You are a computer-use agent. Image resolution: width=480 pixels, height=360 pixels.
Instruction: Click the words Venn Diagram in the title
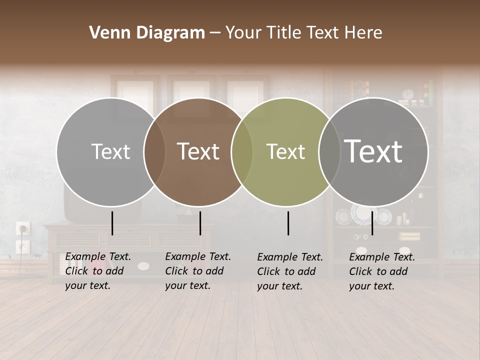(146, 33)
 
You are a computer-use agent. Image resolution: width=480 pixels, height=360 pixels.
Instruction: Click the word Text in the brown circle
(198, 151)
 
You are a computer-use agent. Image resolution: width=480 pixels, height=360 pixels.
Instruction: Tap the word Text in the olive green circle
(285, 151)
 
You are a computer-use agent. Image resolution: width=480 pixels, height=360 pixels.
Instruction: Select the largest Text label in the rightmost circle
(373, 151)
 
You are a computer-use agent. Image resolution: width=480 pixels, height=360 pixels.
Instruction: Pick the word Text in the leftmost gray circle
(110, 151)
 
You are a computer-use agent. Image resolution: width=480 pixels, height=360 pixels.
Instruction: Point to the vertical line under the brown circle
(200, 223)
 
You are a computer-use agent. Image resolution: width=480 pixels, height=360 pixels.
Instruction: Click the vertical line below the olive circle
(288, 223)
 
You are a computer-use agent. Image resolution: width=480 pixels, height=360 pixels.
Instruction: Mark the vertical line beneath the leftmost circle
(112, 223)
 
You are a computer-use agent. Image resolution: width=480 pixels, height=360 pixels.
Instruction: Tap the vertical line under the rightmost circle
(372, 223)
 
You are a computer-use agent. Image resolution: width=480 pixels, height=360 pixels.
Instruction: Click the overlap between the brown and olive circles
(241, 152)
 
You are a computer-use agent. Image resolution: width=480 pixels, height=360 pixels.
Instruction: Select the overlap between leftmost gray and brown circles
(154, 152)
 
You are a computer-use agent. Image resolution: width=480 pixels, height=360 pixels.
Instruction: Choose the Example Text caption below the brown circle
(198, 271)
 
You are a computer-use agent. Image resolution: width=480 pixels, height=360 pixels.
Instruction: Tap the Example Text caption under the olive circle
(290, 271)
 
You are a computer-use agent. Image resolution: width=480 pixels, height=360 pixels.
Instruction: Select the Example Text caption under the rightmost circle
(382, 271)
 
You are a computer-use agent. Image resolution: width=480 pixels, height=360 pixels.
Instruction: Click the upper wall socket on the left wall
(23, 228)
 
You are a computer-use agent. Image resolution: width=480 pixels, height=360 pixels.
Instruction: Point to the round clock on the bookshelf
(408, 94)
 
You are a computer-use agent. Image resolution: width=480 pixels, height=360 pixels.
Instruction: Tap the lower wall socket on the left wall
(23, 246)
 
